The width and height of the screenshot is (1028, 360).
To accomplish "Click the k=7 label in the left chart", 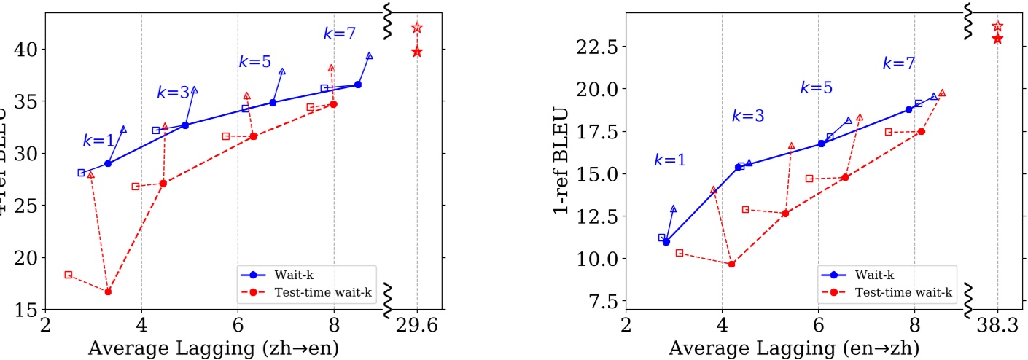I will click(338, 33).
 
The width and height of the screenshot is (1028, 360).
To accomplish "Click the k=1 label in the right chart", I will click(669, 160).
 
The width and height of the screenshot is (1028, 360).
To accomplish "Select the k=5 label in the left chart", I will click(254, 61).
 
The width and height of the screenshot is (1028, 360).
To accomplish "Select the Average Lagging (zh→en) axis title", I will click(213, 348).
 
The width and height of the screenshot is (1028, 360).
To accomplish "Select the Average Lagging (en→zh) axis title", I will click(793, 348).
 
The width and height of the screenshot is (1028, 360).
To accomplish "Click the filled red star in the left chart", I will click(417, 51).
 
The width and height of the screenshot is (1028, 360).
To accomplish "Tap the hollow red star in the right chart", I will click(997, 26).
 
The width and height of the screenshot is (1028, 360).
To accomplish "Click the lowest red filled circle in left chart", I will click(108, 291).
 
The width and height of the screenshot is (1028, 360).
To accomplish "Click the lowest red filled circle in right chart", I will click(731, 264).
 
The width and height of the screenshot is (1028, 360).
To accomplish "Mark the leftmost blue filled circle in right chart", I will click(666, 241).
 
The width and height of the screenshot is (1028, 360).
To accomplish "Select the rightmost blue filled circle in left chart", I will click(357, 85).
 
